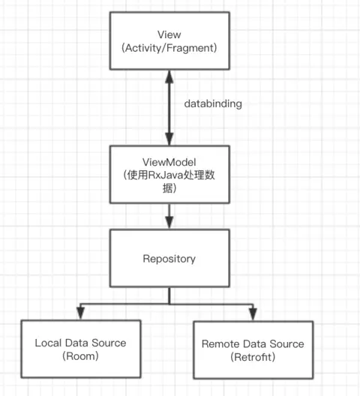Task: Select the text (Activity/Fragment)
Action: [x=169, y=47]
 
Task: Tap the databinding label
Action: [x=213, y=104]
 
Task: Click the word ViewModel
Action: [x=169, y=162]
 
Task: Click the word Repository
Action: [x=169, y=259]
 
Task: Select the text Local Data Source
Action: [x=80, y=343]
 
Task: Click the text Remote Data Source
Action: [x=253, y=343]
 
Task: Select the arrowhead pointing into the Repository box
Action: [x=169, y=223]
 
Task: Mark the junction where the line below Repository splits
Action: [x=169, y=303]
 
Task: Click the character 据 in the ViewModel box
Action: [x=169, y=189]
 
